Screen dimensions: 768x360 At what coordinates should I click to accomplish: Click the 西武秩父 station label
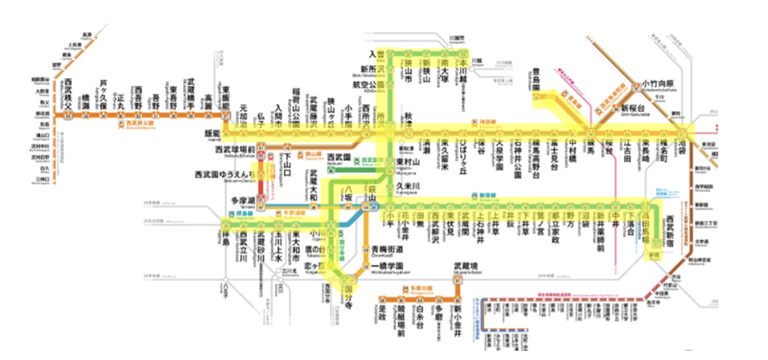coord(68,92)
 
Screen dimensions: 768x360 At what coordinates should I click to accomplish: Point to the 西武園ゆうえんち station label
coord(225,173)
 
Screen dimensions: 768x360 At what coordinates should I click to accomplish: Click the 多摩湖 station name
coord(242,201)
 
